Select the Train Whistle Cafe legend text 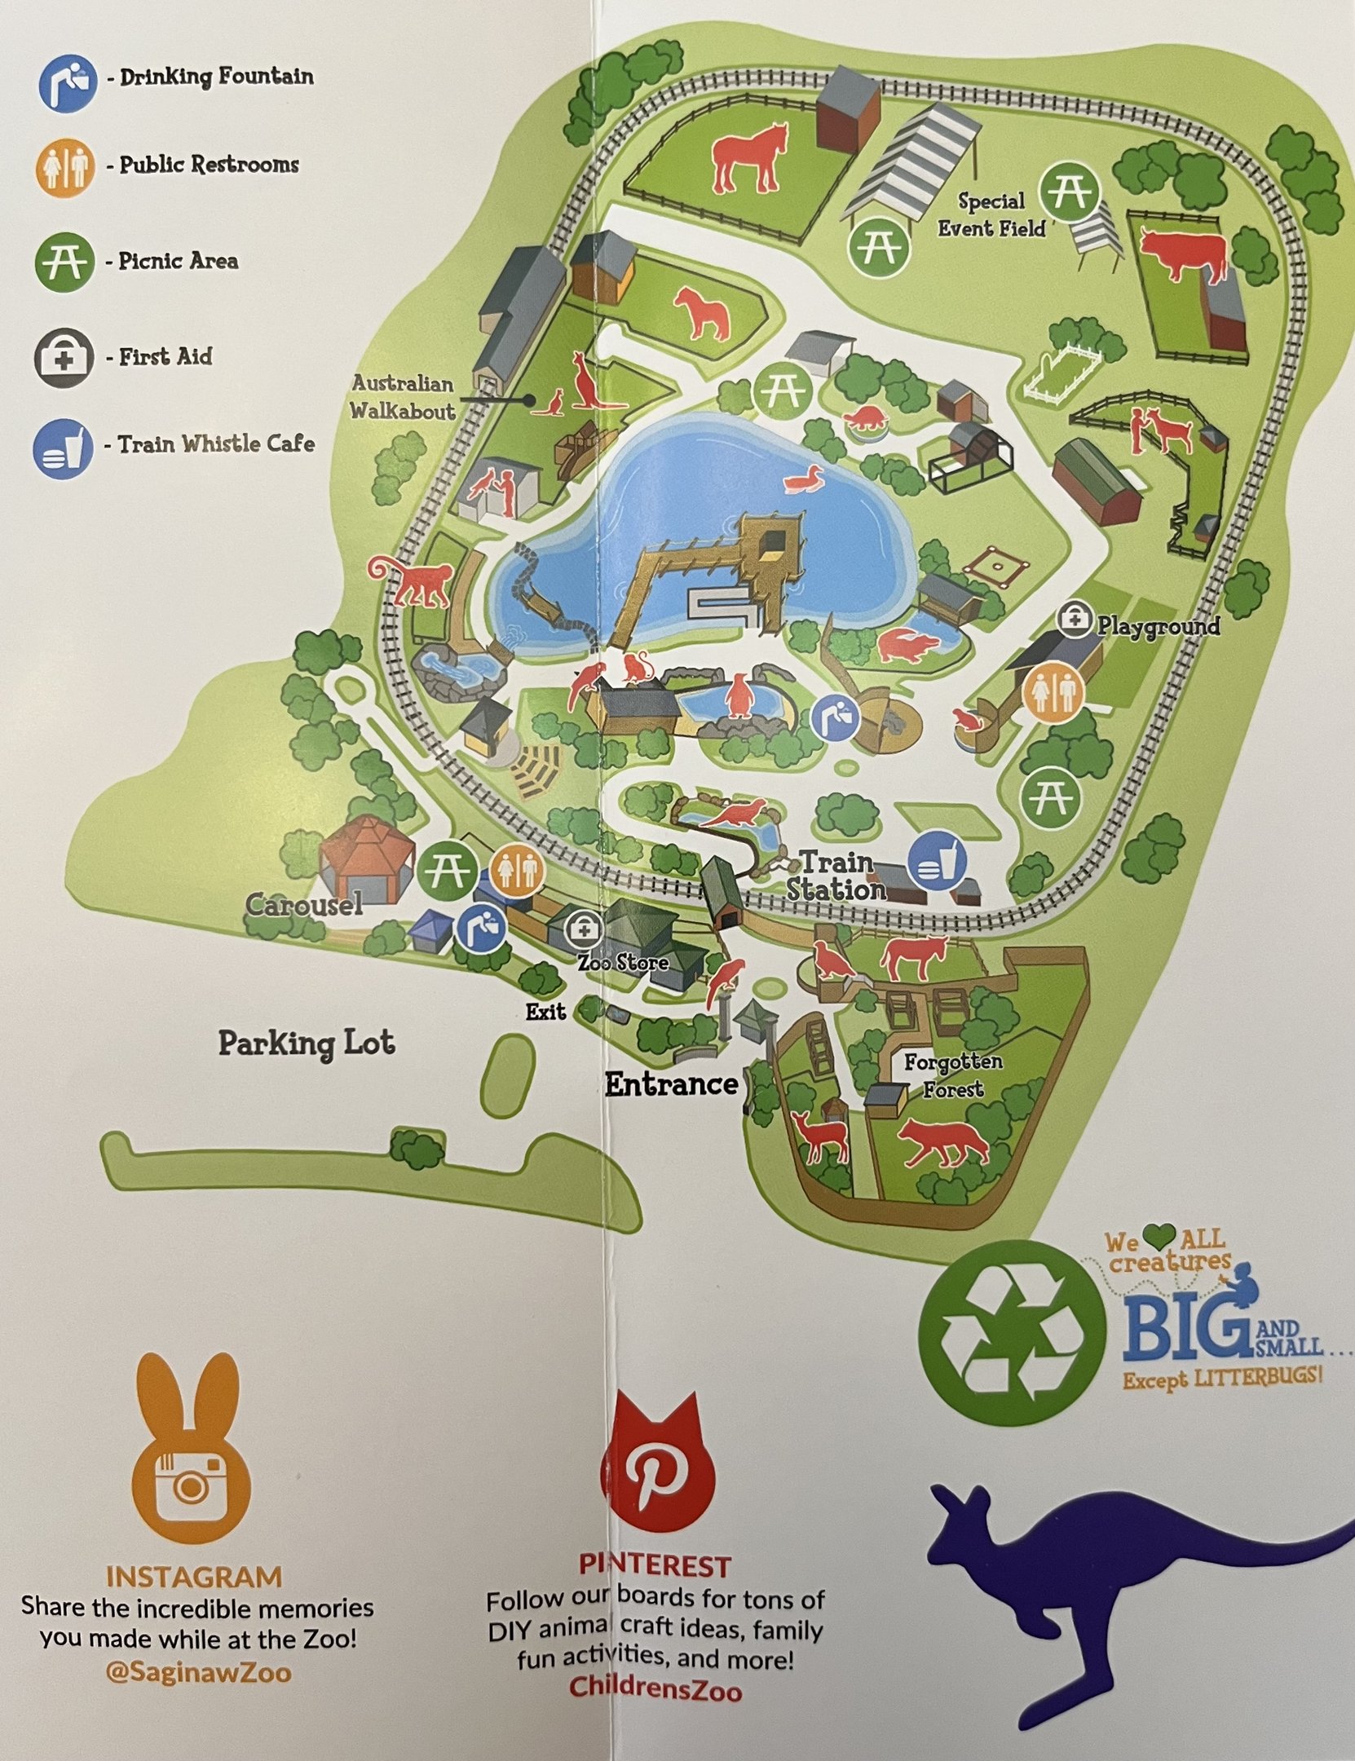216,444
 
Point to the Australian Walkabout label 403,397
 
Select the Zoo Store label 623,963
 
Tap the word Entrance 671,1084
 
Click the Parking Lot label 307,1044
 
